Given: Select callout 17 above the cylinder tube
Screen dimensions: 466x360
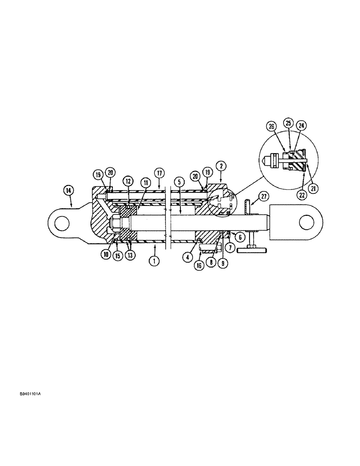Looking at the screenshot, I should pos(159,173).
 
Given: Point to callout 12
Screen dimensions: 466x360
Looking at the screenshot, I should pos(128,180).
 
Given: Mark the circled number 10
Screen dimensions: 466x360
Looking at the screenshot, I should pos(107,255).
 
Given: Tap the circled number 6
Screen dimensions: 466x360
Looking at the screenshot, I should pos(240,237).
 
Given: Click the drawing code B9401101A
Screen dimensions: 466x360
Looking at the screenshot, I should pos(30,394).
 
